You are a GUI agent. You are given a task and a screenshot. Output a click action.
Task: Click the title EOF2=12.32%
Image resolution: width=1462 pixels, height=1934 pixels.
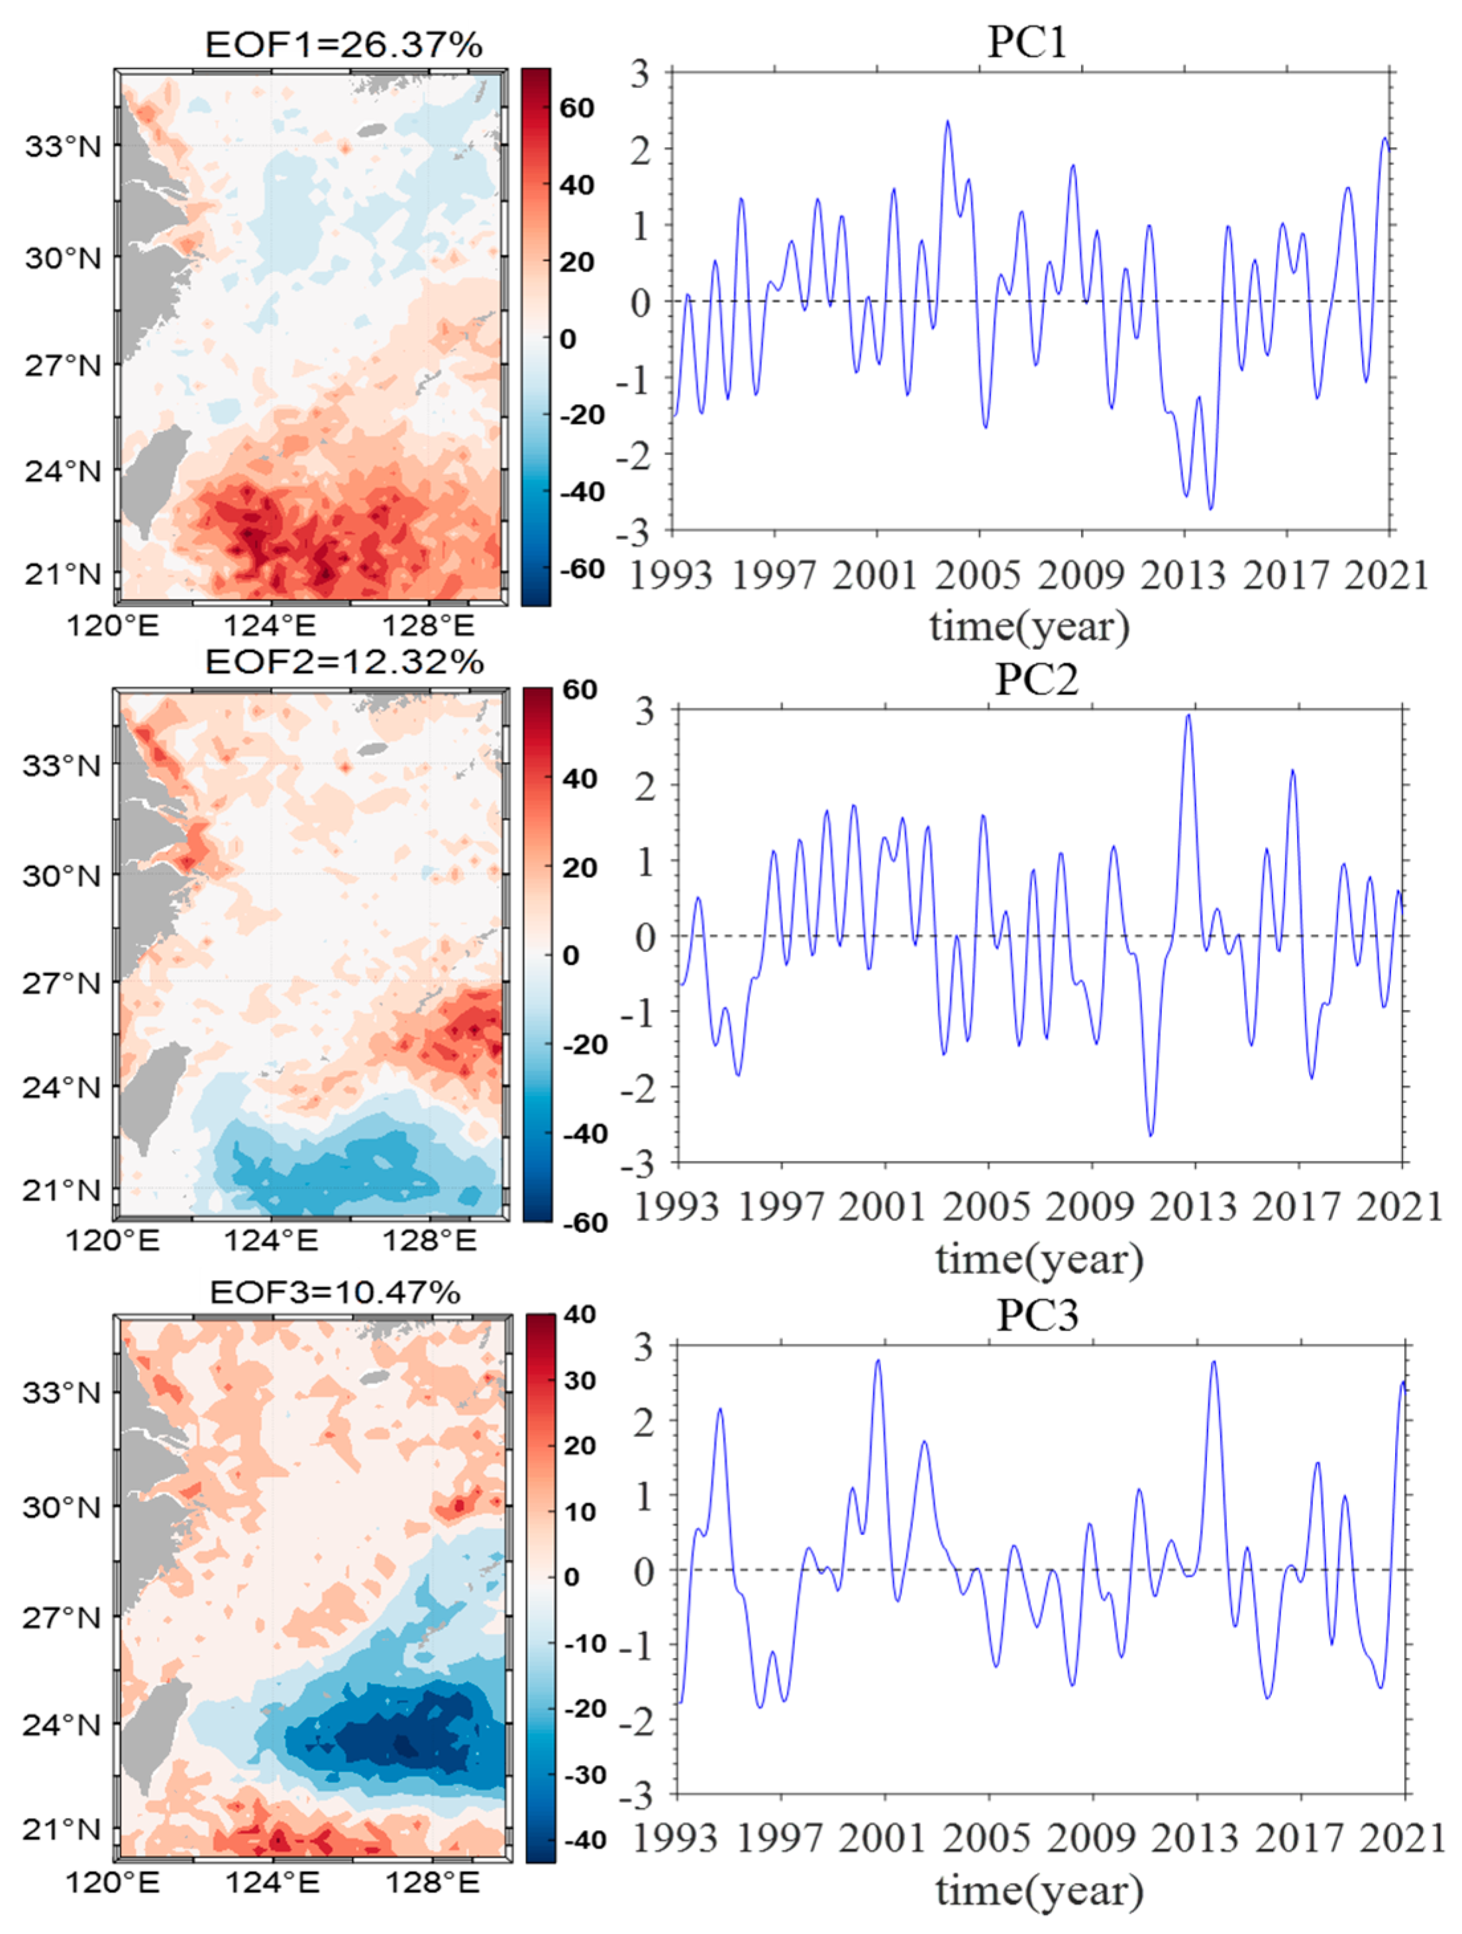click(344, 663)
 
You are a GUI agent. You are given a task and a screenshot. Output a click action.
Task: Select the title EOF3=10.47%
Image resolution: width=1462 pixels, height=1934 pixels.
click(335, 1292)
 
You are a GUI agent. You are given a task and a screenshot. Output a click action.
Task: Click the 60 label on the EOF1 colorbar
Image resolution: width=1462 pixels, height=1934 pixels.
click(577, 109)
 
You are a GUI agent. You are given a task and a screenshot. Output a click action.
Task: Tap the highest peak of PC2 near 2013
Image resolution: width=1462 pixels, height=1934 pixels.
click(1188, 716)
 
